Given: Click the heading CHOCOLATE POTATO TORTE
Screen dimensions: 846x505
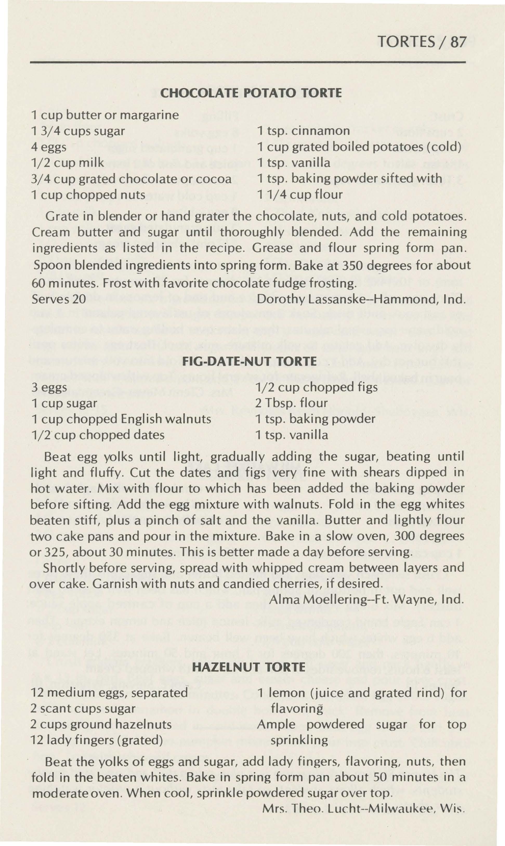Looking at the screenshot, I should [251, 93].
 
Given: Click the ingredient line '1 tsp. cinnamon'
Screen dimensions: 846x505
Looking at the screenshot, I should [304, 131].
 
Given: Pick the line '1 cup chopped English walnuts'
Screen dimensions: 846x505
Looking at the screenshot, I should [121, 419].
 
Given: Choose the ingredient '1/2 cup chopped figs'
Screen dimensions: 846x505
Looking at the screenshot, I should [317, 387].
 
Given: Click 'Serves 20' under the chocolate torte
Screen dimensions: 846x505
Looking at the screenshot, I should [58, 299].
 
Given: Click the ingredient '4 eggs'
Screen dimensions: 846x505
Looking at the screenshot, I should [49, 147].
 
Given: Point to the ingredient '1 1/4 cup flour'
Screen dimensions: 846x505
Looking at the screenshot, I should [300, 194].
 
